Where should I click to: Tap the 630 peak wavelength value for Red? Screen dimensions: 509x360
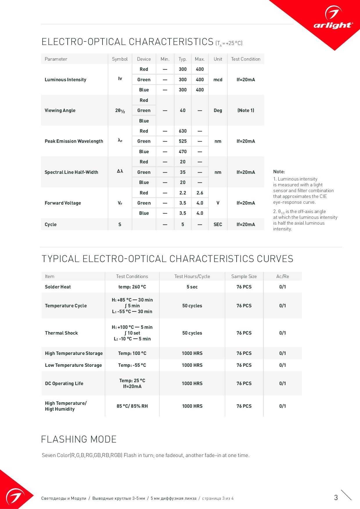click(x=183, y=131)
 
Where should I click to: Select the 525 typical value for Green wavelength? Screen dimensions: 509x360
click(x=183, y=141)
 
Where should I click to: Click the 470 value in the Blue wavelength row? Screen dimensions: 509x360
click(x=183, y=151)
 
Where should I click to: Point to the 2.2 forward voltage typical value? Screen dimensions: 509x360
click(x=183, y=193)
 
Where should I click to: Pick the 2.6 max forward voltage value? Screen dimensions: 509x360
click(x=200, y=193)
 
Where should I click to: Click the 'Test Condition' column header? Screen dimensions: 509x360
click(x=246, y=59)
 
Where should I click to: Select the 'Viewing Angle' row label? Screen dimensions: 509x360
click(x=60, y=110)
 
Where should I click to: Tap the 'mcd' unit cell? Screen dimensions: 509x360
click(x=218, y=80)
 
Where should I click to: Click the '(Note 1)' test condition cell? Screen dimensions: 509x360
click(x=246, y=110)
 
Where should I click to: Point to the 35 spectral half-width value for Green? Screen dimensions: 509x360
click(x=183, y=172)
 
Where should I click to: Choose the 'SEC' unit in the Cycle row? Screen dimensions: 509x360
click(x=218, y=224)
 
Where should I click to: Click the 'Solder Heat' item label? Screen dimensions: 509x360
click(x=58, y=287)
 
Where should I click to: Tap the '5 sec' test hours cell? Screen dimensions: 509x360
click(x=192, y=287)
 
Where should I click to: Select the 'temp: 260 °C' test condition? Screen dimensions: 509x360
click(x=132, y=287)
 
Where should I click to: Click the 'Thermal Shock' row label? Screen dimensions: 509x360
click(x=61, y=333)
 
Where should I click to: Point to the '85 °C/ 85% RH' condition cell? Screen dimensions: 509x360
click(x=132, y=406)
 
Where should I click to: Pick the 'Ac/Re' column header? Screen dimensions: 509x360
click(x=282, y=276)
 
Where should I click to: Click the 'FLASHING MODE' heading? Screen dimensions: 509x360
click(x=79, y=439)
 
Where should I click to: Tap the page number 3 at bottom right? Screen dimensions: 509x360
click(x=336, y=498)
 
